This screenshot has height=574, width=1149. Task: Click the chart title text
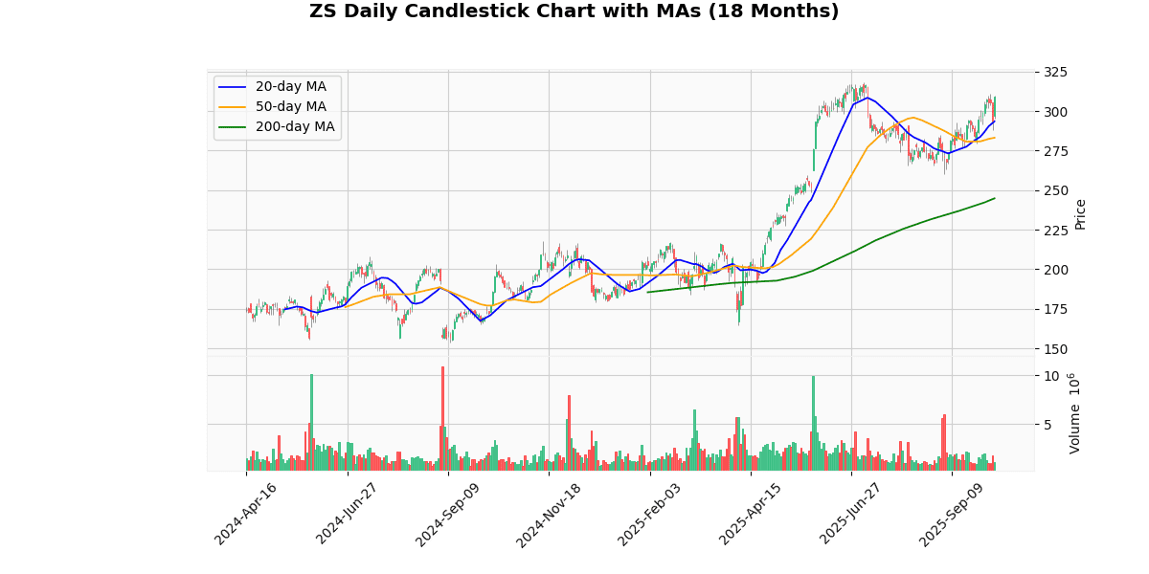(574, 11)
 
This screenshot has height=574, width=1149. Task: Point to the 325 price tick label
(1056, 72)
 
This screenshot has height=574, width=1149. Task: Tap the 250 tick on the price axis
(1056, 190)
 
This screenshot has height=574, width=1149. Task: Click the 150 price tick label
(1056, 348)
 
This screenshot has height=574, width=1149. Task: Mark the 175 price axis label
(1056, 309)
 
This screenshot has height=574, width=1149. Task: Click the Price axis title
(1081, 213)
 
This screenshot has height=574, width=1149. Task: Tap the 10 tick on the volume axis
(1051, 376)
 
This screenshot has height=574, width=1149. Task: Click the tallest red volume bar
(442, 418)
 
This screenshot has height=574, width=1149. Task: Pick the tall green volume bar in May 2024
(311, 422)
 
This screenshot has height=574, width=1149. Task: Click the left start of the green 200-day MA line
(648, 292)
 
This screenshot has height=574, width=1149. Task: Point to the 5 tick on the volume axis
(1050, 424)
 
